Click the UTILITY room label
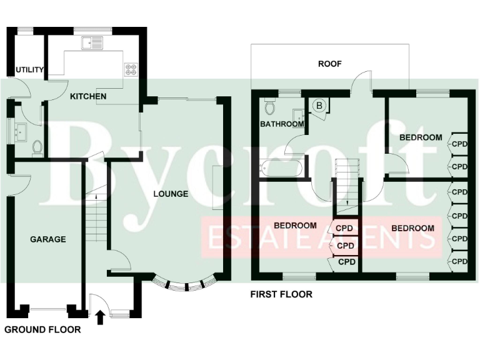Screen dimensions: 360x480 coord(30,70)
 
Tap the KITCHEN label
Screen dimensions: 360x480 coord(87,96)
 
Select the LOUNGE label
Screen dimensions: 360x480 coord(171,194)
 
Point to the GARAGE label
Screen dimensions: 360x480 coord(48,239)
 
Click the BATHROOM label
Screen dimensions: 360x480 coord(282,124)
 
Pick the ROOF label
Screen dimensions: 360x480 coord(329,64)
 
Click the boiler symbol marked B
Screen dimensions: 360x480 coord(319,106)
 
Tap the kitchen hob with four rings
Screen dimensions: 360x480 coord(132,69)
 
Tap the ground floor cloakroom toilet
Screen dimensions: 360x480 coord(37,148)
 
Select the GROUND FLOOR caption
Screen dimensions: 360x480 coord(42,330)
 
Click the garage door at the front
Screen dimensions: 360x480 coord(47,307)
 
